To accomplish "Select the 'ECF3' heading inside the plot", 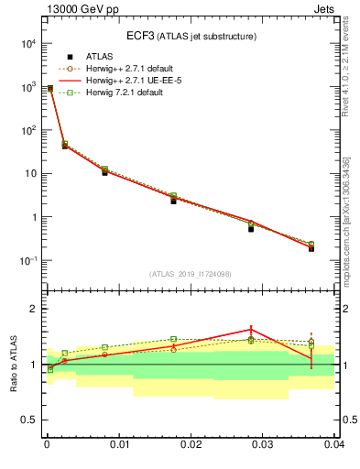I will point(140,36).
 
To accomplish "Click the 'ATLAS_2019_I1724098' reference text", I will point(191,274).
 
